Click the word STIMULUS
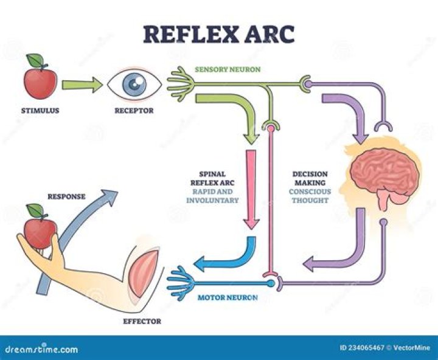pyautogui.click(x=40, y=111)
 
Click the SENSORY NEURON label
pyautogui.click(x=228, y=69)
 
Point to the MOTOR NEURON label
pyautogui.click(x=228, y=298)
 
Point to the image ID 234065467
pyautogui.click(x=363, y=348)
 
